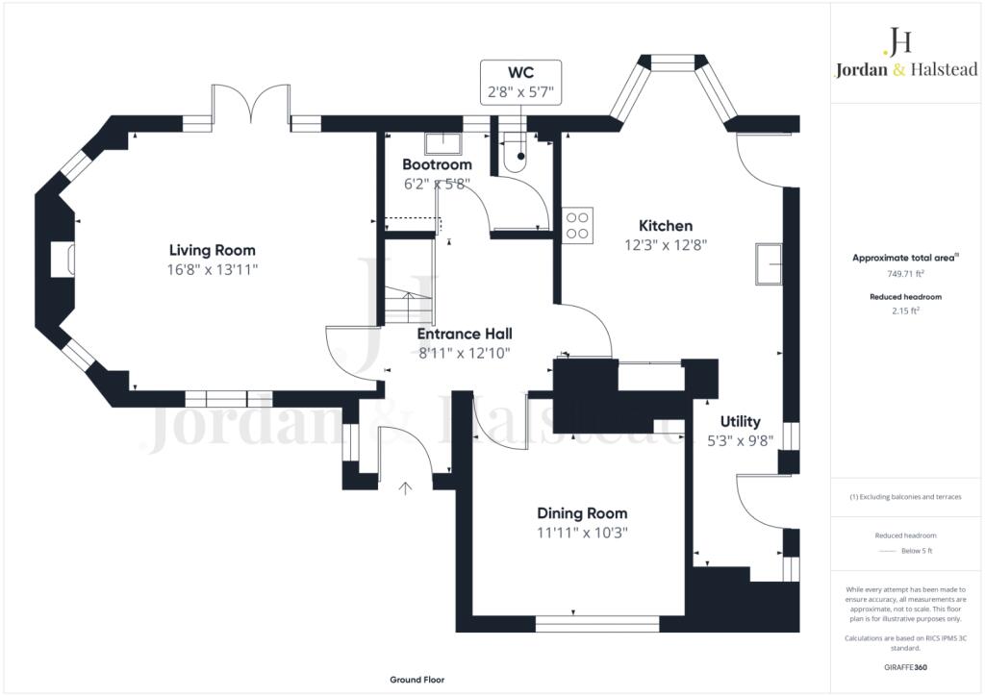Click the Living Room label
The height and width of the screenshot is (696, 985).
[x=213, y=250]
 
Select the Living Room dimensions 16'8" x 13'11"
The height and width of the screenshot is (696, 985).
[x=213, y=270]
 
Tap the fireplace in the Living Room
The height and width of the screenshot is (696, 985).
[x=63, y=261]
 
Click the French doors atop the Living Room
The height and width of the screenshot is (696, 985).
[x=251, y=104]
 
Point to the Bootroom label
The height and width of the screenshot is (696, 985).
[x=437, y=164]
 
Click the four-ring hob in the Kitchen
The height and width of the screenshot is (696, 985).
[x=578, y=224]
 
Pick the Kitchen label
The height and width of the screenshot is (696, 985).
[x=666, y=226]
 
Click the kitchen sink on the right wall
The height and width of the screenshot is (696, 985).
[x=770, y=264]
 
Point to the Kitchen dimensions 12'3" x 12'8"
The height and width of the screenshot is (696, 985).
[x=666, y=245]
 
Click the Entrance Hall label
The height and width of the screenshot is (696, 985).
[x=465, y=334]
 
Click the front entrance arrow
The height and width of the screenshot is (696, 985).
[x=406, y=487]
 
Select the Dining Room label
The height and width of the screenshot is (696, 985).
[x=582, y=513]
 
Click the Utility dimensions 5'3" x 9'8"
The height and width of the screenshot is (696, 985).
[x=740, y=440]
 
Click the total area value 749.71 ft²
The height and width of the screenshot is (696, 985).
[x=904, y=273]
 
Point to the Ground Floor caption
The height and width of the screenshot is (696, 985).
[x=417, y=680]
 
